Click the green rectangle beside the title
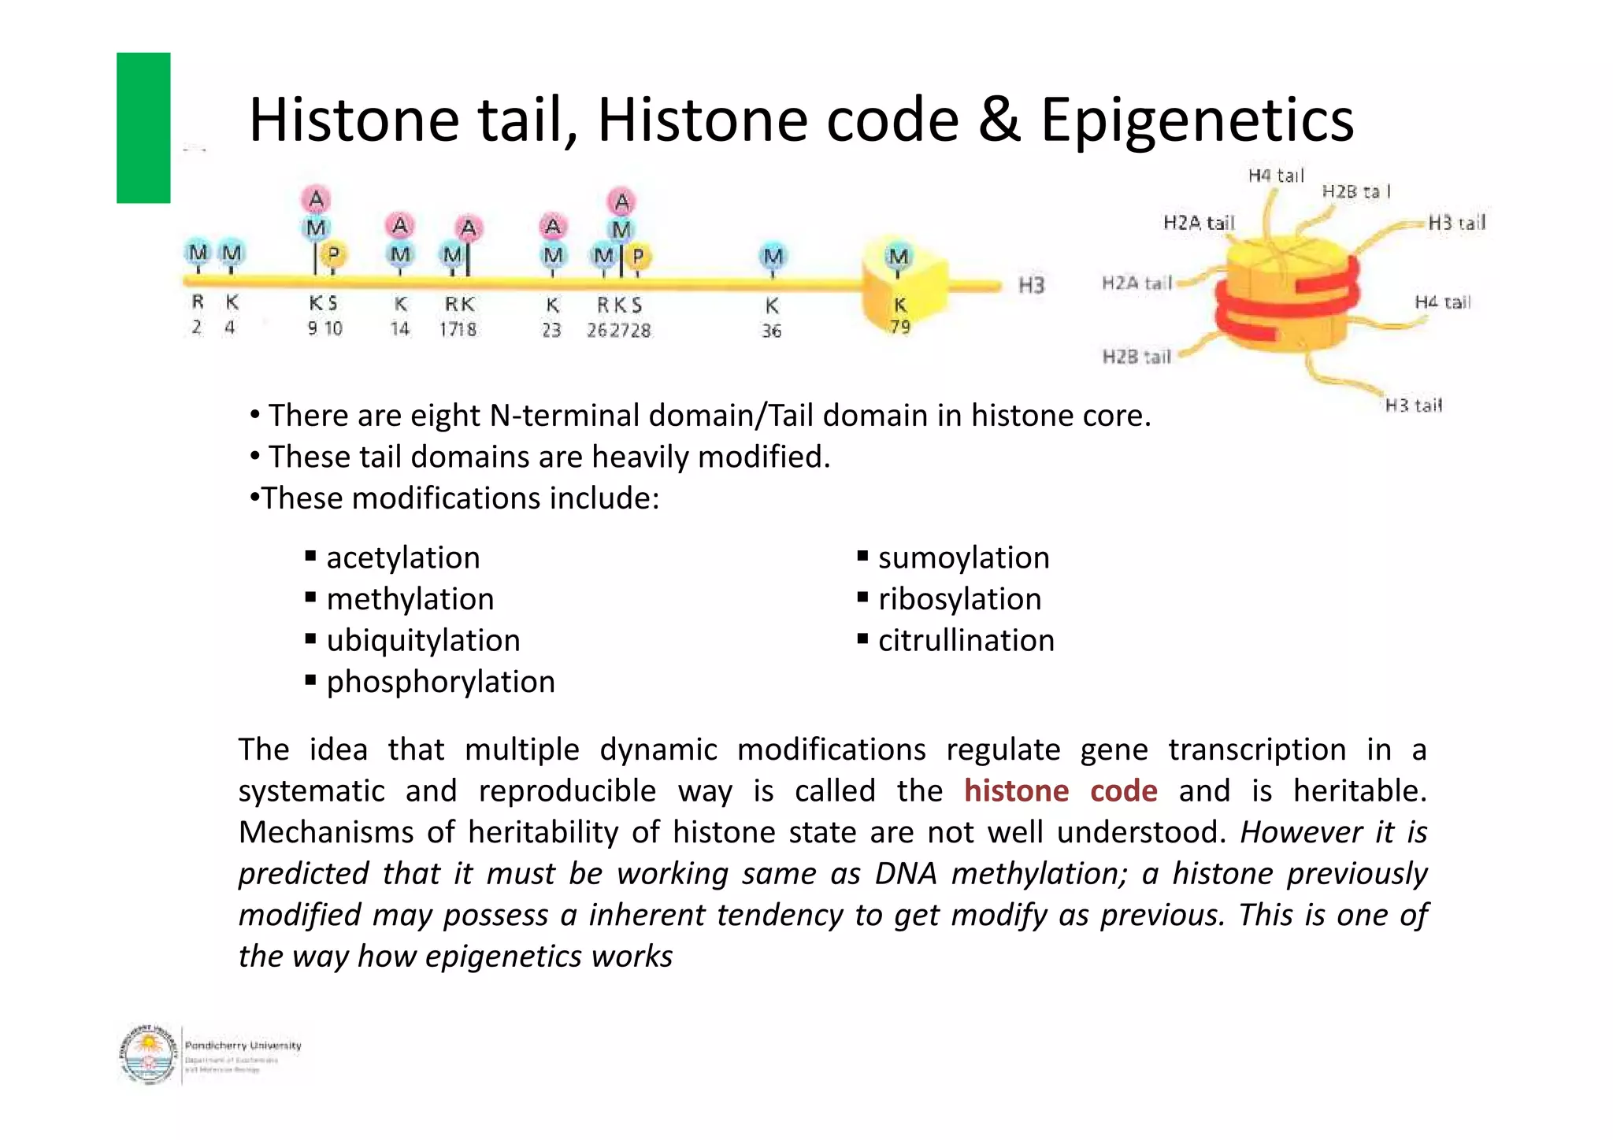coord(143,128)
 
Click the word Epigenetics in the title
coord(1196,120)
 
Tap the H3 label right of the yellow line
coord(1031,285)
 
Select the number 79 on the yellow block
coord(900,327)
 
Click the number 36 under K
coord(771,331)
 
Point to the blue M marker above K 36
coord(773,256)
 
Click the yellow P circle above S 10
coord(333,254)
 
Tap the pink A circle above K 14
coord(400,226)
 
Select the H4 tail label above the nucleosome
coord(1276,176)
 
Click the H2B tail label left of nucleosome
coord(1137,357)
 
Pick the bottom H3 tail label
coord(1413,405)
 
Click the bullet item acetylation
coord(402,557)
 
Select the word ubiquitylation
coord(423,640)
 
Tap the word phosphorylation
coord(440,682)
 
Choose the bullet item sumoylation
coord(963,557)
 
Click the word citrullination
coord(966,640)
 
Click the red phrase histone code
coord(1060,790)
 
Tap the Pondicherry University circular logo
coord(147,1055)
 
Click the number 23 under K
coord(551,331)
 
